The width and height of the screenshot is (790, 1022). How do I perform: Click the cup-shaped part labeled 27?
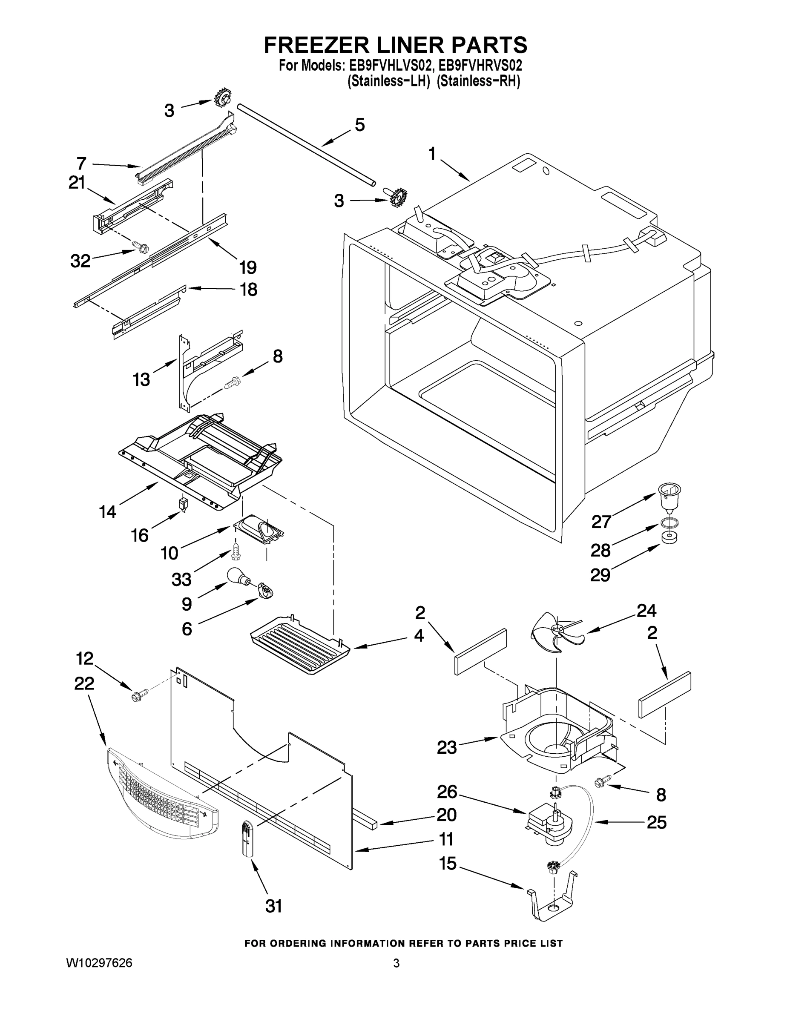point(669,498)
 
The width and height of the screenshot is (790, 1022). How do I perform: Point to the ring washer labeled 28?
point(670,522)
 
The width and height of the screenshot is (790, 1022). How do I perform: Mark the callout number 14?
point(108,512)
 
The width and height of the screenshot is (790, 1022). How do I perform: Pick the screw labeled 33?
point(236,554)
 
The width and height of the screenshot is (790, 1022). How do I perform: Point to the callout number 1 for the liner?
point(431,154)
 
